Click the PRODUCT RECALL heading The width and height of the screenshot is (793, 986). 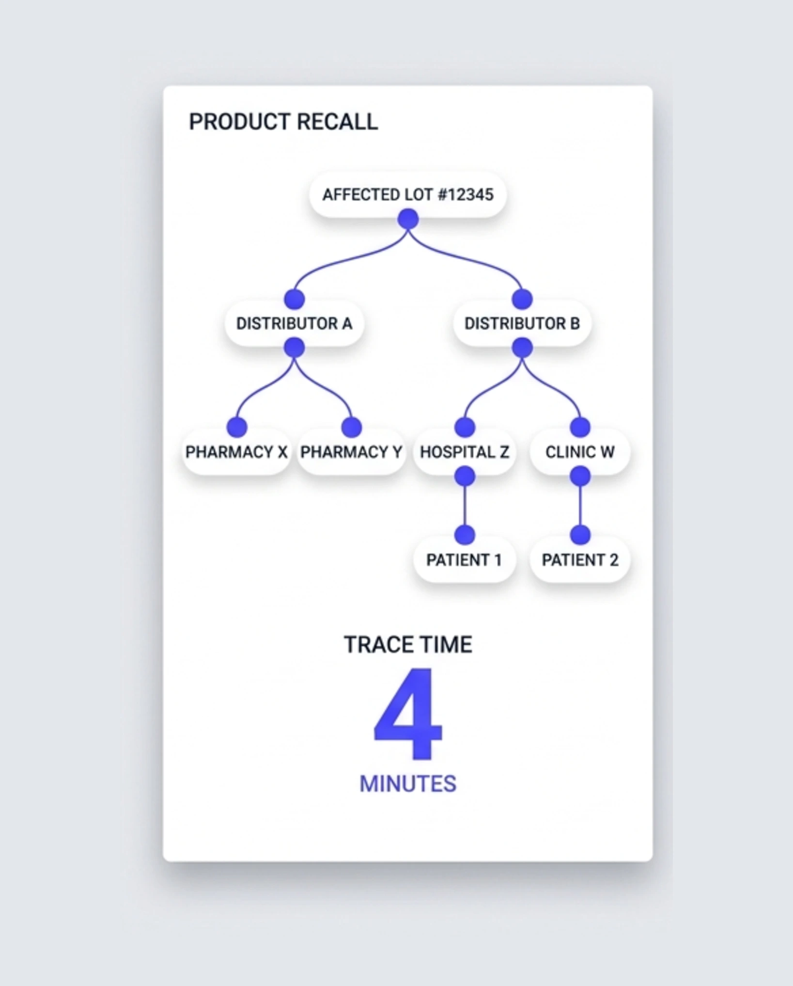point(283,122)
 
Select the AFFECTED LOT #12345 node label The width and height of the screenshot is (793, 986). point(408,195)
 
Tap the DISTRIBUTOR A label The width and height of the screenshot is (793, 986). point(294,323)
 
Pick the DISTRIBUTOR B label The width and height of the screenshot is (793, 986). point(522,323)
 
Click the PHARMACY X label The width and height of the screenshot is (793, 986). point(236,452)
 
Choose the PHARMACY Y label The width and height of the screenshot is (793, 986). point(351,452)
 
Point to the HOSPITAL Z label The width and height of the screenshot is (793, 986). point(465,452)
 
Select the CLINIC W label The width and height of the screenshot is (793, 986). point(580,452)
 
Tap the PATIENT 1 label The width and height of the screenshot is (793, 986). point(464,560)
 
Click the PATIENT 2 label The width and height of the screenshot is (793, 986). point(580,560)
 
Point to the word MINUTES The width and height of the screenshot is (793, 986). point(408,784)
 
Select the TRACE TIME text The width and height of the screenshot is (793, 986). point(408,645)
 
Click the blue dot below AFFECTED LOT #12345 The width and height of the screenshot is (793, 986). point(408,219)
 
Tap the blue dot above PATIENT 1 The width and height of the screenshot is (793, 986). point(465,535)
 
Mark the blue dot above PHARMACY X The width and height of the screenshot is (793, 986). point(237,428)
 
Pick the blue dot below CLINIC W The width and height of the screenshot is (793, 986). point(580,477)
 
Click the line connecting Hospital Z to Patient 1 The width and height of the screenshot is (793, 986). point(465,506)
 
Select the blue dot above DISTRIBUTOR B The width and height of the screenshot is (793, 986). point(522,299)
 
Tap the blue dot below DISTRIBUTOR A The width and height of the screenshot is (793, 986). point(294,348)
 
